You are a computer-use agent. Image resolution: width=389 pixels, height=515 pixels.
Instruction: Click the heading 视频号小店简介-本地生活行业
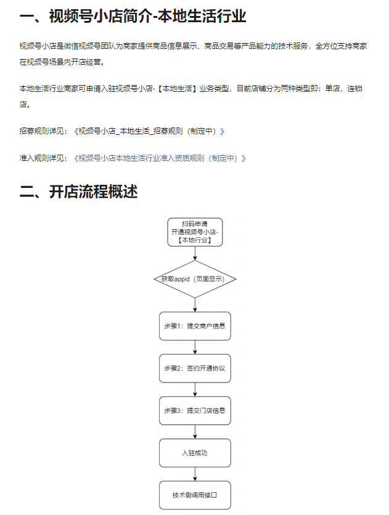pos(133,17)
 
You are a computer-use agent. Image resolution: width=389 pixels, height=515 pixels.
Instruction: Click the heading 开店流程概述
pos(78,192)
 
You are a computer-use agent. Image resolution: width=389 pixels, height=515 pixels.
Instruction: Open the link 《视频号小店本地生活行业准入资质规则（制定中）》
pos(159,158)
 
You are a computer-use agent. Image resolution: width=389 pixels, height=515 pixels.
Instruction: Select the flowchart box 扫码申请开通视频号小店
pos(195,232)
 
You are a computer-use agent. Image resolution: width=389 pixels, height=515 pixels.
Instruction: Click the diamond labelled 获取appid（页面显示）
pos(195,279)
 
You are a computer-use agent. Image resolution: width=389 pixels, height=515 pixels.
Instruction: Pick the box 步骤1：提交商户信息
pos(195,326)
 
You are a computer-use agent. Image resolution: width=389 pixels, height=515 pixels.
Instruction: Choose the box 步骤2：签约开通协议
pos(195,368)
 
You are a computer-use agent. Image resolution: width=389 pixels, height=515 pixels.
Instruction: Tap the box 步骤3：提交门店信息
pos(195,410)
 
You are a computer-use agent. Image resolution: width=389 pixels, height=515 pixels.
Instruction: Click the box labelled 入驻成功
pos(195,453)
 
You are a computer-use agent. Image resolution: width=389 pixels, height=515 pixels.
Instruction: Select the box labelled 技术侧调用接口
pos(195,495)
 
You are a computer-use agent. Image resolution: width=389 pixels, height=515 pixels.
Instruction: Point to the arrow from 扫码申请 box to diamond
pos(195,253)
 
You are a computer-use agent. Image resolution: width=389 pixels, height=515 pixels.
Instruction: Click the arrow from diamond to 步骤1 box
pos(195,305)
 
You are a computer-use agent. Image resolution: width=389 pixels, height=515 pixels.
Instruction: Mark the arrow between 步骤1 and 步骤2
pos(195,347)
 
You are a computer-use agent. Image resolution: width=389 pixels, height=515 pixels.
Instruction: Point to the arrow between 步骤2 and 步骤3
pos(195,389)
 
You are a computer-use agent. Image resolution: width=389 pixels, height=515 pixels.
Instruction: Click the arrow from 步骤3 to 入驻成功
pos(195,431)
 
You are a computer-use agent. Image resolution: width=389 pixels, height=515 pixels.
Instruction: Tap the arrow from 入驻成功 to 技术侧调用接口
pos(195,474)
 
